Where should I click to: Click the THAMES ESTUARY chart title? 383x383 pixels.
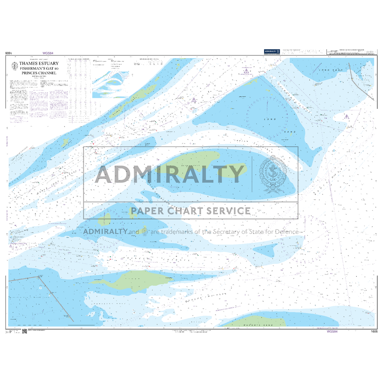(x=39, y=63)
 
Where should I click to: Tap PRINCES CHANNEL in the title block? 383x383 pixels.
(x=39, y=73)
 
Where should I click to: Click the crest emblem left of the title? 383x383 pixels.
(x=15, y=66)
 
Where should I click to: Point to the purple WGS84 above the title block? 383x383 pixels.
(x=48, y=53)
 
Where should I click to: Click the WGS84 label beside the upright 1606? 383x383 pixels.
(x=332, y=332)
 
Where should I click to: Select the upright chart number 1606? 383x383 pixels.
(x=374, y=332)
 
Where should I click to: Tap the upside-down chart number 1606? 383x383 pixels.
(x=9, y=53)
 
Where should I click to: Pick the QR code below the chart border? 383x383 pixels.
(x=24, y=331)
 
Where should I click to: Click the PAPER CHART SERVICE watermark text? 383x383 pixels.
(x=191, y=211)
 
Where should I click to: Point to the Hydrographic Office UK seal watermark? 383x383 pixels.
(x=273, y=174)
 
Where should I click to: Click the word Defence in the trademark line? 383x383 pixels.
(x=287, y=232)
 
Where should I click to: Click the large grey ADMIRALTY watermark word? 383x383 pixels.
(x=170, y=174)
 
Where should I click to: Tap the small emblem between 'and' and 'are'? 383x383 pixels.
(x=145, y=232)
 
